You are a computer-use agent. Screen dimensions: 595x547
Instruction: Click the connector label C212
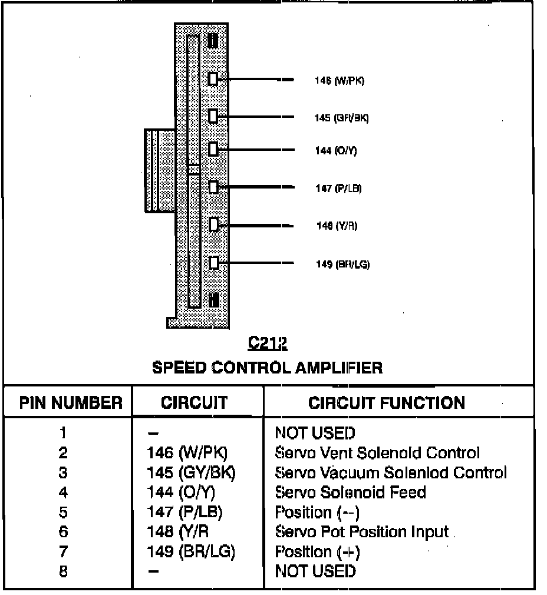point(267,343)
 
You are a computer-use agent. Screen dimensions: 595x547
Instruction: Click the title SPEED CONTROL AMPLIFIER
point(267,368)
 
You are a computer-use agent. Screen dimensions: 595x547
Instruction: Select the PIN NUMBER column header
point(71,403)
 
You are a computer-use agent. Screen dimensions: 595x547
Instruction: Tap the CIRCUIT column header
point(194,403)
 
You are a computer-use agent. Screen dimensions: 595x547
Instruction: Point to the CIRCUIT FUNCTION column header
point(387,403)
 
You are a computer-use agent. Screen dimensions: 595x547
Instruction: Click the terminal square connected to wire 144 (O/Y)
point(213,150)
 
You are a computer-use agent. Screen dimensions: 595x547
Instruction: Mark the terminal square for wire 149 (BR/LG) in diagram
point(214,263)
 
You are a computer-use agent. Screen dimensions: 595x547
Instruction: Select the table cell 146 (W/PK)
point(187,453)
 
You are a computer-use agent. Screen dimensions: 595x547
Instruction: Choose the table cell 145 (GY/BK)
point(191,472)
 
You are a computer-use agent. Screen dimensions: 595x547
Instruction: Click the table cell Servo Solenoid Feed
point(350,492)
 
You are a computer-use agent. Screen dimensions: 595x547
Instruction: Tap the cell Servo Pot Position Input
point(362,532)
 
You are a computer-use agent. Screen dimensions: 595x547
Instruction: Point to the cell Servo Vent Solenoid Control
point(377,453)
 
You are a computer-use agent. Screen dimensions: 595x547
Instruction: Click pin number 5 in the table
point(63,513)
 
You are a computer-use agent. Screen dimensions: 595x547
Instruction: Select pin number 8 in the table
point(63,571)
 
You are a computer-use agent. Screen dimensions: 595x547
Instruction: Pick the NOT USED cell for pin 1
point(315,434)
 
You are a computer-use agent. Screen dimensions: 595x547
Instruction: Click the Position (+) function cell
point(317,552)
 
